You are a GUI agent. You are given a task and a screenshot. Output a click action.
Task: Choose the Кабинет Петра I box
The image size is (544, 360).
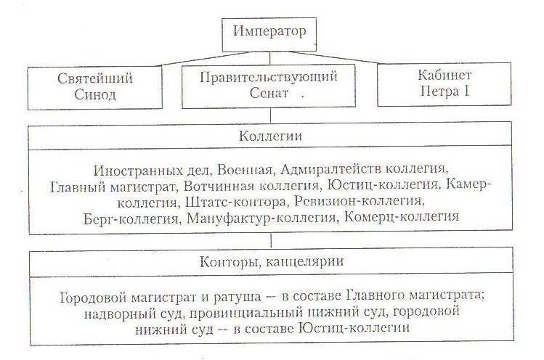tap(445, 86)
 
